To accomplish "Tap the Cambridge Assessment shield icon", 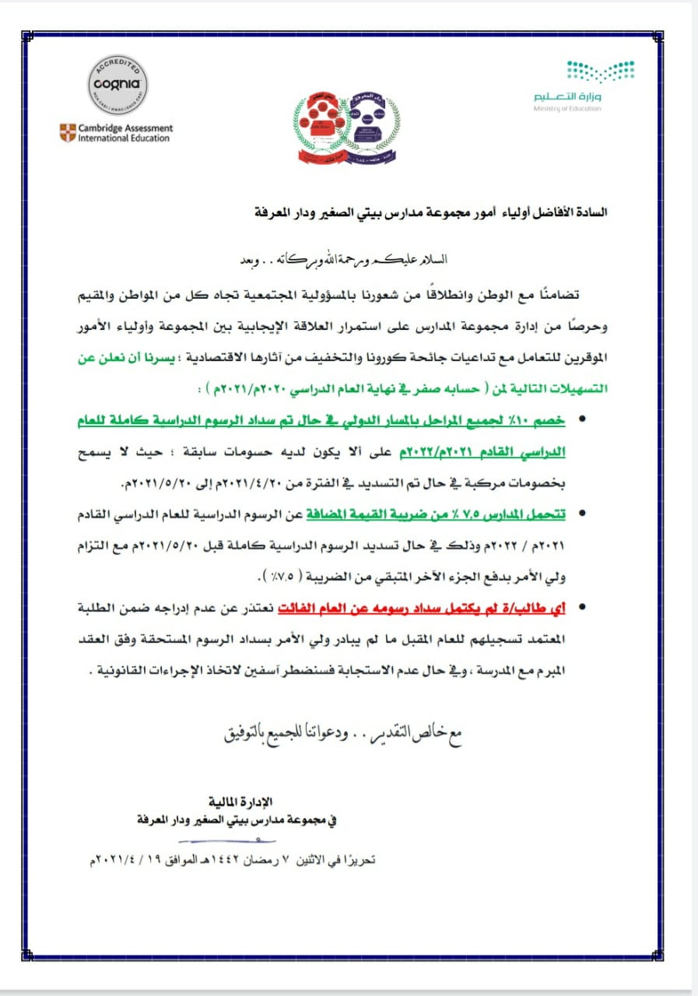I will tap(68, 132).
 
